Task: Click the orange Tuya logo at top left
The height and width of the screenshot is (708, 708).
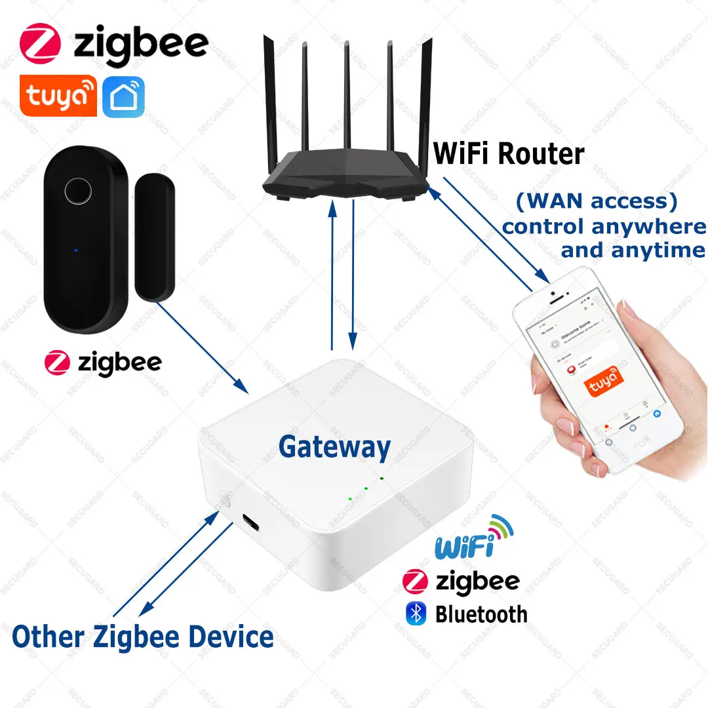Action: (x=58, y=96)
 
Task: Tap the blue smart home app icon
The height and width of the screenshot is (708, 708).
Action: (x=123, y=97)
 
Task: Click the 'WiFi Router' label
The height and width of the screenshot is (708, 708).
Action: (x=509, y=154)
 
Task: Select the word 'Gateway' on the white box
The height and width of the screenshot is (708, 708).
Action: (x=334, y=447)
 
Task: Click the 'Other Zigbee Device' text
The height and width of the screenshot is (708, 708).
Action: (x=143, y=637)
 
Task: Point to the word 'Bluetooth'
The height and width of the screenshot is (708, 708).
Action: (x=481, y=614)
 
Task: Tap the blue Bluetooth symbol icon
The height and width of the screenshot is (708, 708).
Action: (x=416, y=614)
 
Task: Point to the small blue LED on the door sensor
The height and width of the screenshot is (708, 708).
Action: (x=76, y=250)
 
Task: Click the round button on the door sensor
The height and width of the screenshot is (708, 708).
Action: (x=77, y=191)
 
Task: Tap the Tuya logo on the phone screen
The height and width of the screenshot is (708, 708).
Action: (x=603, y=380)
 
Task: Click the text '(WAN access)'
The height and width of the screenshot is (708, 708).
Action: (x=596, y=201)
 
